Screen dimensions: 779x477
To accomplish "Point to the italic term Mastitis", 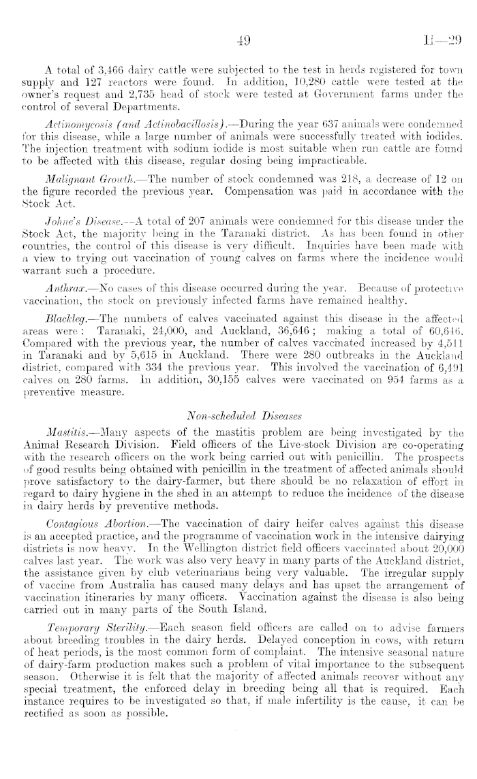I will pyautogui.click(x=63, y=415).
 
